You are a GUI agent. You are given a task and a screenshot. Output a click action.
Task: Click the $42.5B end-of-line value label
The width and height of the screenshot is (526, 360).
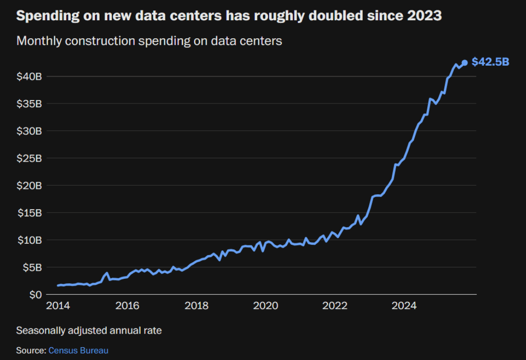490,62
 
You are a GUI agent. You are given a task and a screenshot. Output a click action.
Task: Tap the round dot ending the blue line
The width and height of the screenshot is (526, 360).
465,62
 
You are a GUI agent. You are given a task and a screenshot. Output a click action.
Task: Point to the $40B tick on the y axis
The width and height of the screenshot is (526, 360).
29,76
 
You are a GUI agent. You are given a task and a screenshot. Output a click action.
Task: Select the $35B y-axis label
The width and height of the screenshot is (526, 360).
29,103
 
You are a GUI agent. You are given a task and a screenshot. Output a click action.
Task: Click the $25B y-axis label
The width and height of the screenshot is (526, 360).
29,158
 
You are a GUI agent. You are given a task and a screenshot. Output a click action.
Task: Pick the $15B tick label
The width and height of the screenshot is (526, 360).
29,213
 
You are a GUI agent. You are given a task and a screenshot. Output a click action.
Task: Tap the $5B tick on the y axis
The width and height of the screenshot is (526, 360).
32,267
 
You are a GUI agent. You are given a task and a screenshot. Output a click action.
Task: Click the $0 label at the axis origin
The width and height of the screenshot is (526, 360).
35,295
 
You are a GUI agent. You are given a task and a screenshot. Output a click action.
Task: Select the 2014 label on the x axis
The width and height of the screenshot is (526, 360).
58,306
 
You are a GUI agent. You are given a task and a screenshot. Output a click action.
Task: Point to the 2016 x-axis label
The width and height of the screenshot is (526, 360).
127,306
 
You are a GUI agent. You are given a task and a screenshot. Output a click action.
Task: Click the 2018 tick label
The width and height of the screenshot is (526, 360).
196,306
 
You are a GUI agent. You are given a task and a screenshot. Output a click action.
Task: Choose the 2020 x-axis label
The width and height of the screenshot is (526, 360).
266,306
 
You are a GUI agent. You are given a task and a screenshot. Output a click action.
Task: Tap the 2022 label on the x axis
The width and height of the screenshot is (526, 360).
335,306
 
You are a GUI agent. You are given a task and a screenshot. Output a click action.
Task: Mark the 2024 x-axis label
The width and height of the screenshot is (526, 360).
404,306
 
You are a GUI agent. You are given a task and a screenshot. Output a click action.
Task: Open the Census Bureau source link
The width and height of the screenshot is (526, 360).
78,351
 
